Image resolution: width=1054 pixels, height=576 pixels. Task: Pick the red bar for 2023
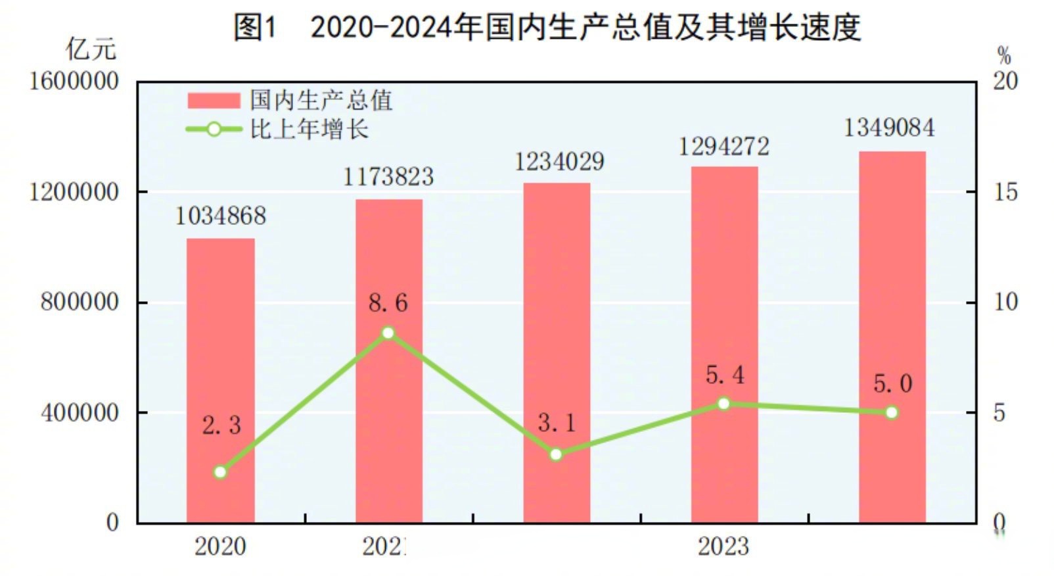tap(724, 345)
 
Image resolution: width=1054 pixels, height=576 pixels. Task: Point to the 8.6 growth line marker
tap(388, 333)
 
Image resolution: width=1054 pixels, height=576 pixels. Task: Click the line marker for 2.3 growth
tap(220, 472)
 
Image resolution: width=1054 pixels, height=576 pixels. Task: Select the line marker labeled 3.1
tap(556, 454)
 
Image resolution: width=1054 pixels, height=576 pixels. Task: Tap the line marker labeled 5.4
tap(723, 404)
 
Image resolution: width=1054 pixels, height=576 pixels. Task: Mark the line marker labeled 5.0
tap(892, 413)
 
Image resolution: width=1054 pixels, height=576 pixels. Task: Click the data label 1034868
tap(220, 216)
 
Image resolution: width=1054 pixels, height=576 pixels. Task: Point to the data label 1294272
tap(723, 146)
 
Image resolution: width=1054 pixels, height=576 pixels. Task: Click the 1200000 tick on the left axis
tap(74, 192)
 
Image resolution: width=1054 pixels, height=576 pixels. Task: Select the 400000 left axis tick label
tap(80, 413)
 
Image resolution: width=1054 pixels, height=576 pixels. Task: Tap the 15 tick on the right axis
tap(1005, 192)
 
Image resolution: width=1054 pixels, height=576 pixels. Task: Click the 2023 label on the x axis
tap(723, 546)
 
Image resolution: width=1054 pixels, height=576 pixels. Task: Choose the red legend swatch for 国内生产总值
tap(214, 101)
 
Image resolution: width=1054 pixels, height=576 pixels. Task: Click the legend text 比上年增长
tap(309, 129)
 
